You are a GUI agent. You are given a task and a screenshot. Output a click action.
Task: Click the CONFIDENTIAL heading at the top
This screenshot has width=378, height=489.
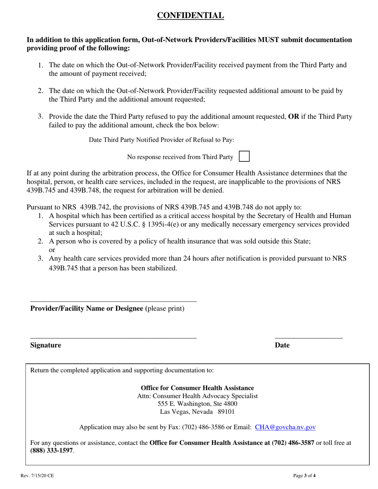pos(190,16)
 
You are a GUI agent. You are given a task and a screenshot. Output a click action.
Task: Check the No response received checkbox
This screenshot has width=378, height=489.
pos(244,156)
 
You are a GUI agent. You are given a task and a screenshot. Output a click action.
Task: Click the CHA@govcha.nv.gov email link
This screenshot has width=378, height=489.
pos(285,427)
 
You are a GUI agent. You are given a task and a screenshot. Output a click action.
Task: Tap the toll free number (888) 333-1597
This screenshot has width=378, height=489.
pos(52,450)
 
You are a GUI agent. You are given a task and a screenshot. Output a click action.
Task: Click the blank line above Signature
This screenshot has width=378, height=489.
pos(113,338)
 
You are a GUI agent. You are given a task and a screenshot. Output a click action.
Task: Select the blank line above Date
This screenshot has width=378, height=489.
pos(309,338)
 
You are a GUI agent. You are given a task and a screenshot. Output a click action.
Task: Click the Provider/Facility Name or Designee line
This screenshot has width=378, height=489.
pos(113,301)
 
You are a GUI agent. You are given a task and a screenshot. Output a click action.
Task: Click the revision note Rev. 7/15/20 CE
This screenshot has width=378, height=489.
pos(37,475)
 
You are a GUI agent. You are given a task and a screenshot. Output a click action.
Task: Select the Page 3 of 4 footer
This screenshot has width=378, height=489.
pos(304,475)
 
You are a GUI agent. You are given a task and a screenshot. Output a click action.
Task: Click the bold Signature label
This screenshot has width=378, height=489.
pos(46,345)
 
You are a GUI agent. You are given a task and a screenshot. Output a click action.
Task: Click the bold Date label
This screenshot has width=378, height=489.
pos(282,345)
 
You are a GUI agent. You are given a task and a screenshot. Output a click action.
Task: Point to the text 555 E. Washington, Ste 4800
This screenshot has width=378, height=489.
pos(197,404)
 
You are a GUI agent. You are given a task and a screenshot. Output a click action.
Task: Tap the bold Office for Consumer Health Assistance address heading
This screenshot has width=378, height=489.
pos(197,388)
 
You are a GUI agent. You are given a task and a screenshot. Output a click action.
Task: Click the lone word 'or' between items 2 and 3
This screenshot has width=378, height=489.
pos(52,250)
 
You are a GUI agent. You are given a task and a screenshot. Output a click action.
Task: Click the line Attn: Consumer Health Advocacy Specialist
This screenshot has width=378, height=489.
pos(197,396)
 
